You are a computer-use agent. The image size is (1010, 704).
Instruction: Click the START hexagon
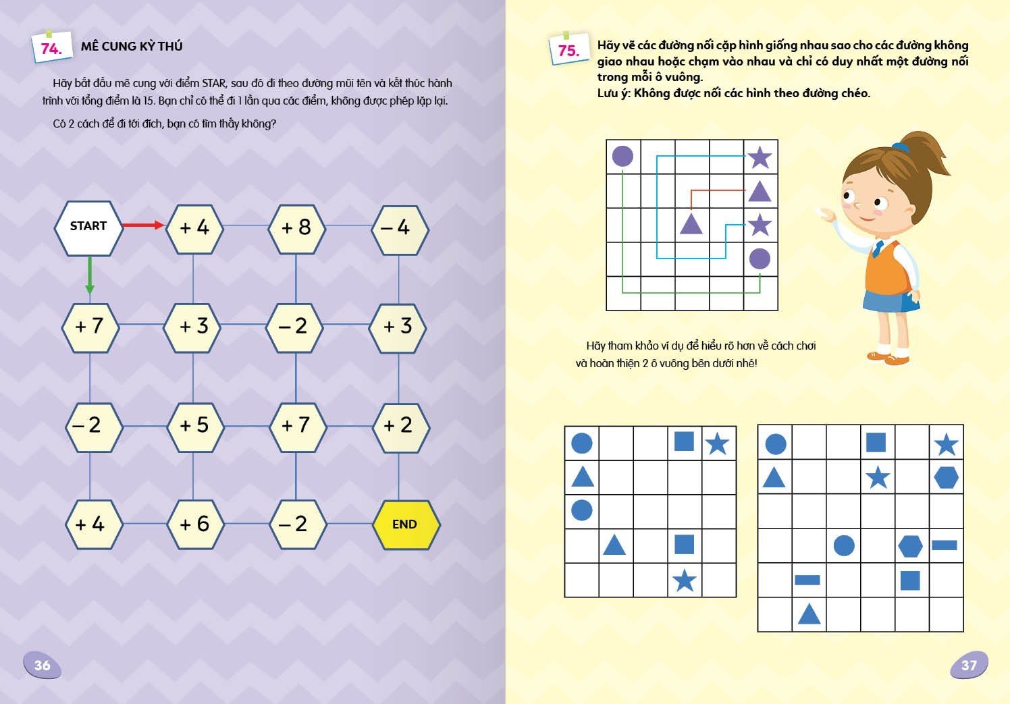click(x=88, y=227)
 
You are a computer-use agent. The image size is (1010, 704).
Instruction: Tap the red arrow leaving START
click(x=143, y=225)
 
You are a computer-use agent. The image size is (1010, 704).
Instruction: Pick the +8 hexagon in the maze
click(x=296, y=227)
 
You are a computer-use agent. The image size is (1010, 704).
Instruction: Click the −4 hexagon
click(x=399, y=227)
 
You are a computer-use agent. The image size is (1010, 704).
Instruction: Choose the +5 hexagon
click(x=194, y=425)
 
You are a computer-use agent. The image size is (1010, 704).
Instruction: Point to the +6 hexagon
click(x=194, y=524)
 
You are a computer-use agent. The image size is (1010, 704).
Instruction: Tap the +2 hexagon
click(x=399, y=425)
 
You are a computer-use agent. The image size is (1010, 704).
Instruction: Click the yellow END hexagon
click(x=405, y=524)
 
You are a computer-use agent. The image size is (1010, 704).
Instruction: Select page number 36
click(x=42, y=666)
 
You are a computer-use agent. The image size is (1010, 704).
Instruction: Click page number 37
click(x=969, y=666)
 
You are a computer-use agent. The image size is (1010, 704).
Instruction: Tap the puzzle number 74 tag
click(x=51, y=48)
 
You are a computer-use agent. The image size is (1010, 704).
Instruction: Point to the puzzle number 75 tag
click(x=568, y=51)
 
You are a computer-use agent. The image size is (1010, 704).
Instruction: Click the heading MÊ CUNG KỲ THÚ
click(x=132, y=47)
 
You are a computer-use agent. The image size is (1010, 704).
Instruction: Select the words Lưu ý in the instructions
click(x=613, y=93)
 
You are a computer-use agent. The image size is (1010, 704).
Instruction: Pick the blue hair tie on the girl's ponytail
click(x=900, y=146)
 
